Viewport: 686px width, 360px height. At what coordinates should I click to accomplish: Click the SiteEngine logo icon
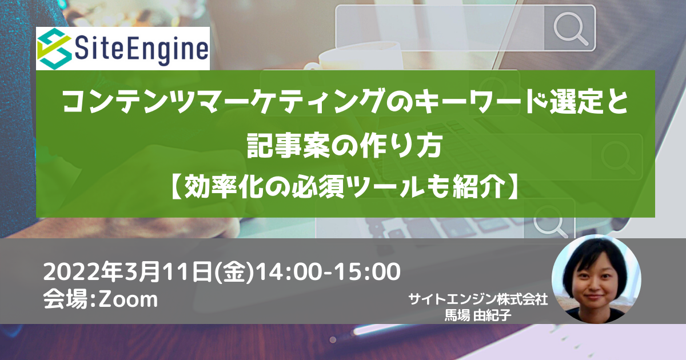click(x=54, y=49)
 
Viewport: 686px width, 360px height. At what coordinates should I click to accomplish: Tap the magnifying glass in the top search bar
click(x=571, y=29)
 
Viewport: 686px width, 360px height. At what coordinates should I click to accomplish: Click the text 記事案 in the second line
click(x=289, y=146)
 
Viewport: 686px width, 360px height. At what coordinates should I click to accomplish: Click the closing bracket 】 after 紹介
click(x=512, y=186)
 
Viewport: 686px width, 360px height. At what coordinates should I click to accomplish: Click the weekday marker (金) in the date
click(x=234, y=272)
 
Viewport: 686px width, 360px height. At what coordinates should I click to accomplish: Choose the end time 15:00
click(x=367, y=272)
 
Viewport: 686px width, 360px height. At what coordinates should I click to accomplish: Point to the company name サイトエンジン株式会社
click(x=478, y=299)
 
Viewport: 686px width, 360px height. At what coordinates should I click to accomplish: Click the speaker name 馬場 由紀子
click(x=478, y=315)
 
